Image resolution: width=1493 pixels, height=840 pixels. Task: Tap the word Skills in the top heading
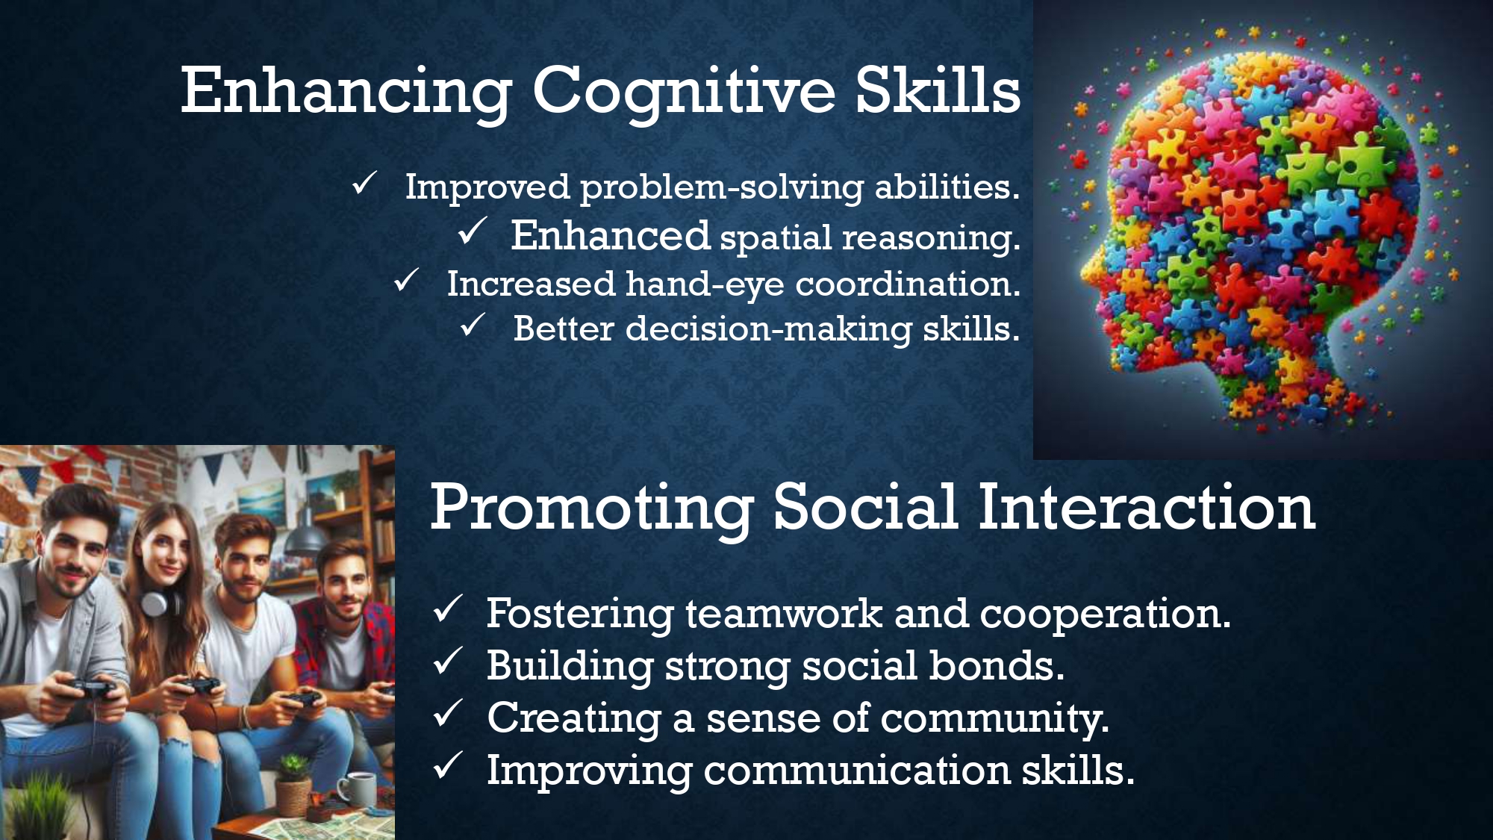938,90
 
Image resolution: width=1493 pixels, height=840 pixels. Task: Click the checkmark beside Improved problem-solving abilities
364,183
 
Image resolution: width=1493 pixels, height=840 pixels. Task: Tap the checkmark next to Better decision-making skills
472,325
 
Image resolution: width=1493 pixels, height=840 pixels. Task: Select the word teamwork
784,613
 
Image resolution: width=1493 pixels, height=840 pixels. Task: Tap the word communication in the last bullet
857,770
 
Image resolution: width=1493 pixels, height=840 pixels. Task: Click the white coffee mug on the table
356,791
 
